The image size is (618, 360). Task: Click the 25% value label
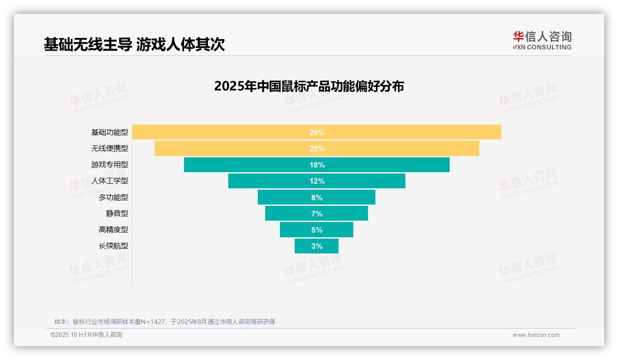pos(317,132)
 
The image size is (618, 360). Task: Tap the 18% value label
pos(317,165)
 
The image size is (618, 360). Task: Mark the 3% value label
pos(317,246)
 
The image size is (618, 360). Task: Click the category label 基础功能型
pos(110,132)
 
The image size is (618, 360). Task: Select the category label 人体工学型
pos(110,181)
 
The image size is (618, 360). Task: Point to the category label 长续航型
pos(113,246)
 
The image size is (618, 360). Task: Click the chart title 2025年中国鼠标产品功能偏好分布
pos(309,86)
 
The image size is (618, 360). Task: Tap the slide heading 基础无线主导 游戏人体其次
pos(134,44)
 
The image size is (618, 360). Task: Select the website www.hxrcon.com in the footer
pos(536,335)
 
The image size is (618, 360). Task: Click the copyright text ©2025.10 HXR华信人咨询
pos(86,335)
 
